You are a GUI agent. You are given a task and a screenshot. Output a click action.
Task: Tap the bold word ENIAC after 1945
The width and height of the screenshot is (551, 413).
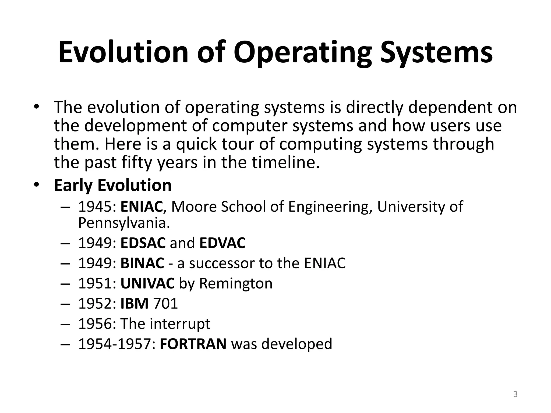point(142,206)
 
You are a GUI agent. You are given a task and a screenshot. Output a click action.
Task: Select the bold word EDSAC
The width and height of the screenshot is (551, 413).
point(143,243)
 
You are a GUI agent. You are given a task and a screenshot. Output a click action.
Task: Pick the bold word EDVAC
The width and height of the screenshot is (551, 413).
point(222,243)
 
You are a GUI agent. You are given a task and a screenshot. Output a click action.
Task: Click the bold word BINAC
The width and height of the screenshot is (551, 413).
point(142,263)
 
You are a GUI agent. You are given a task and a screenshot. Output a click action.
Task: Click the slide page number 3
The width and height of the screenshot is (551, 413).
point(515,394)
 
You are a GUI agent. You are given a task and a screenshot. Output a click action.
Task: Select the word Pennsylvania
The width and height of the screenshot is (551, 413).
point(124,223)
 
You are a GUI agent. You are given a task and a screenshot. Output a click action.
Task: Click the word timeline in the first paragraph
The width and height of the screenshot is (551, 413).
point(286,162)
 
